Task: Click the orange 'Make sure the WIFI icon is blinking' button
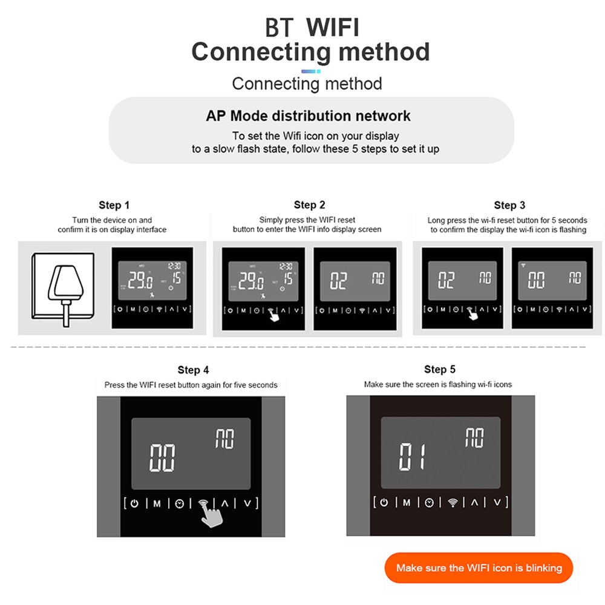click(479, 567)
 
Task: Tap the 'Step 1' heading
click(114, 205)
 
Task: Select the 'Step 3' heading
click(509, 205)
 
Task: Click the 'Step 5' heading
click(440, 370)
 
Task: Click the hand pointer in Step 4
click(211, 515)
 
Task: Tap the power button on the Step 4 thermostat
click(135, 503)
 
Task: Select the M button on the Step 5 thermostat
click(407, 502)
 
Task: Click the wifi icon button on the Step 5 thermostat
click(452, 502)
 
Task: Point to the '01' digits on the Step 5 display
click(413, 456)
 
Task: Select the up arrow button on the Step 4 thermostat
click(225, 503)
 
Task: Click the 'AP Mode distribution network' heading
click(308, 116)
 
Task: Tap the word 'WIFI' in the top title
click(333, 27)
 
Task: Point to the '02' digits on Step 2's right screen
click(339, 280)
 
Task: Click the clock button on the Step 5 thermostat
click(429, 502)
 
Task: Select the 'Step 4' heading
click(194, 370)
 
